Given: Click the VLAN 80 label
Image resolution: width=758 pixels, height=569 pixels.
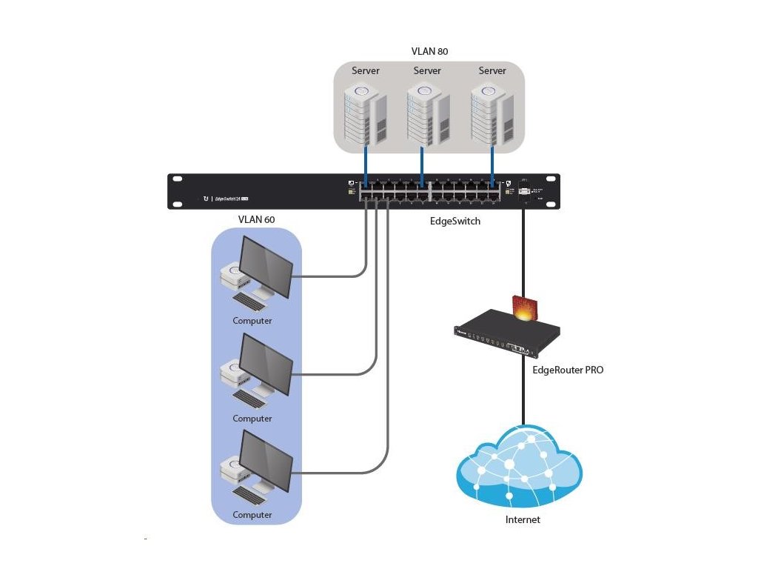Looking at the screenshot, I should point(429,52).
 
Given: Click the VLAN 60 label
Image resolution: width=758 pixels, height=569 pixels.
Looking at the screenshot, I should point(256,220).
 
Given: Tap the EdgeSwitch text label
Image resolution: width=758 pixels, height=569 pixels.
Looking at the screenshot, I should point(455,221).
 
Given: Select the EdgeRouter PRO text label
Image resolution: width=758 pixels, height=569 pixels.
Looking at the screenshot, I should point(568,369).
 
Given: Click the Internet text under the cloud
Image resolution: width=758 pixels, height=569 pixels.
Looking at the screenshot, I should point(523,519).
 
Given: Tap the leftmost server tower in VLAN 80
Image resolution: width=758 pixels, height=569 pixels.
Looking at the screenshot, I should point(365,115).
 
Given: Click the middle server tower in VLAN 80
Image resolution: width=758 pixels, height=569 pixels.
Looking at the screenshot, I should point(427,115).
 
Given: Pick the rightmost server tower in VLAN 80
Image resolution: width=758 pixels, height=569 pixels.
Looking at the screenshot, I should point(492,115).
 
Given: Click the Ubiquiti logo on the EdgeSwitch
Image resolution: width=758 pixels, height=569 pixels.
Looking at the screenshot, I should point(207,199).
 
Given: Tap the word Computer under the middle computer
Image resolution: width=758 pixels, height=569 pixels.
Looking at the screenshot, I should point(252,419).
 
